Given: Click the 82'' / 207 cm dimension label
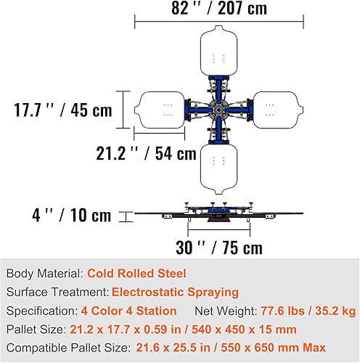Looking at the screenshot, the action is [x=219, y=8].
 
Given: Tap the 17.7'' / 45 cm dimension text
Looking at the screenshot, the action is [x=63, y=110].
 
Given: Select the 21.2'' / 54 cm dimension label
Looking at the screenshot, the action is [x=146, y=153].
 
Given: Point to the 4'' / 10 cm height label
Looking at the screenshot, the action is [x=72, y=215].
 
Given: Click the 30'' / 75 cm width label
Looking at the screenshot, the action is [x=219, y=248].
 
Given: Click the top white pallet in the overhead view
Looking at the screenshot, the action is [x=218, y=51].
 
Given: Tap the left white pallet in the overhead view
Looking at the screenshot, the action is [x=160, y=110].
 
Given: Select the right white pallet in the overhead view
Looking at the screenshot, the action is [x=278, y=110].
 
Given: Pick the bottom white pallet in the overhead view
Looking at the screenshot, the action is [x=218, y=169].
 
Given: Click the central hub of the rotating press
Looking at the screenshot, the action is [x=218, y=110].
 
